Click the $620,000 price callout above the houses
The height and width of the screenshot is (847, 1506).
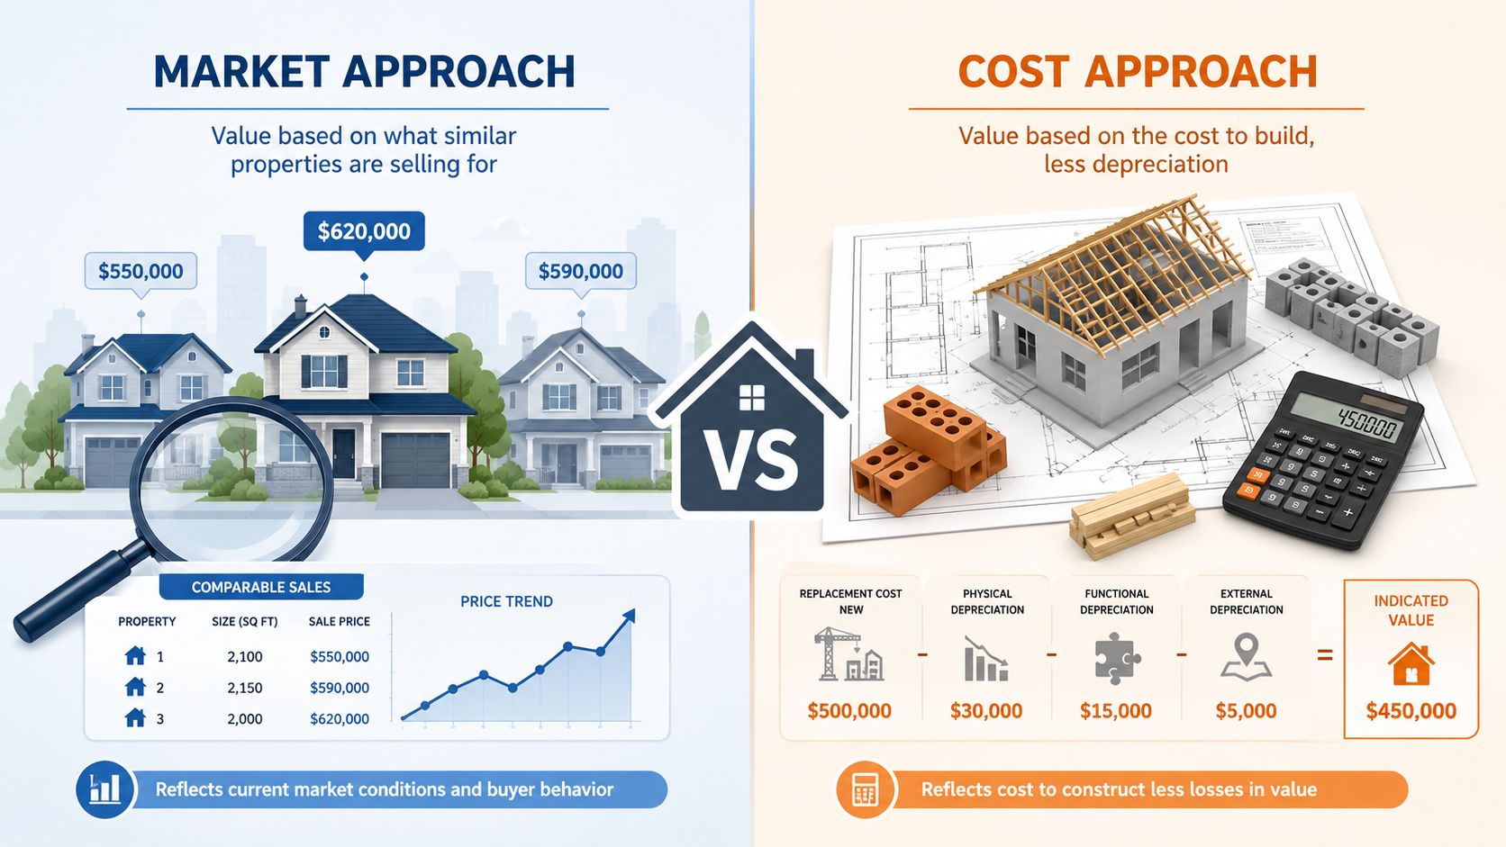click(x=364, y=231)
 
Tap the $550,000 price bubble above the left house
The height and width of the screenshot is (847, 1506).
click(x=141, y=271)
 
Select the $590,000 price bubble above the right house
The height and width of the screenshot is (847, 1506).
click(x=580, y=271)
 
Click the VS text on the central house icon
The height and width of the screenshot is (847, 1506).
click(x=752, y=462)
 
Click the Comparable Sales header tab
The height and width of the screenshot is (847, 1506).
click(x=261, y=587)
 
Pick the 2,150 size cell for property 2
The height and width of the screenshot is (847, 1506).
click(x=245, y=688)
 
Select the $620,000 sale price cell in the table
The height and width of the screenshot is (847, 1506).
click(x=340, y=718)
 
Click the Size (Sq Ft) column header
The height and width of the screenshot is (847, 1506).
click(x=245, y=622)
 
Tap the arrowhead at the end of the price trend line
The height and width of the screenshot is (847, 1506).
click(x=630, y=616)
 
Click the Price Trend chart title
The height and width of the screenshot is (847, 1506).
click(x=506, y=602)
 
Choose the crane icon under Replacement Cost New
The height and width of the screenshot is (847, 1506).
click(x=848, y=654)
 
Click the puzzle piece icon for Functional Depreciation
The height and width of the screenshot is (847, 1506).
click(x=1116, y=658)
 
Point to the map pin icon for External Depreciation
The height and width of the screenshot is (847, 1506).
click(x=1246, y=657)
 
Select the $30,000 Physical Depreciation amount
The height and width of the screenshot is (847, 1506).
click(x=986, y=711)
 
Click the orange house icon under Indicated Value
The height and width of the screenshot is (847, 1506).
click(x=1411, y=663)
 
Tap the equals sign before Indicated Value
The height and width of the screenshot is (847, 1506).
click(x=1324, y=655)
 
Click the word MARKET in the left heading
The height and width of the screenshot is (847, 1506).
click(x=241, y=72)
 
